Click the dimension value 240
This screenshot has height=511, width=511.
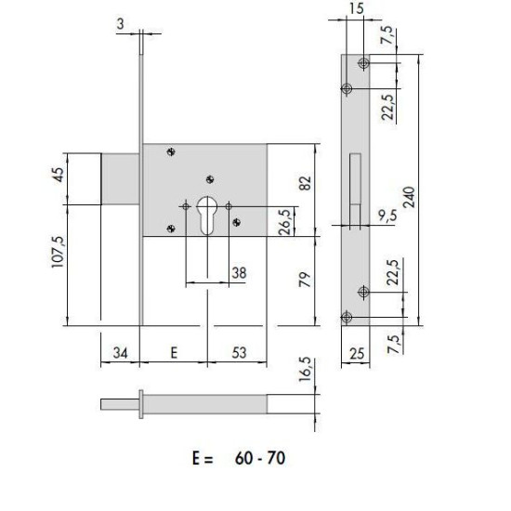pyautogui.click(x=410, y=197)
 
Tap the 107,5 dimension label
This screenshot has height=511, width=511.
pyautogui.click(x=59, y=252)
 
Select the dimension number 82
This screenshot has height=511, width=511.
pyautogui.click(x=305, y=183)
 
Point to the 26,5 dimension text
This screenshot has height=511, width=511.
pyautogui.click(x=285, y=222)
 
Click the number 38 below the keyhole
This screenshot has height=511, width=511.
pyautogui.click(x=239, y=273)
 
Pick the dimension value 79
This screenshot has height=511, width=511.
pyautogui.click(x=305, y=280)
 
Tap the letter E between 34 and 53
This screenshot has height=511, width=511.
pyautogui.click(x=174, y=353)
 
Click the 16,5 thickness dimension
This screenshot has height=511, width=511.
pyautogui.click(x=305, y=369)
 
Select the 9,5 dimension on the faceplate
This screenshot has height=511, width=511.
pyautogui.click(x=387, y=216)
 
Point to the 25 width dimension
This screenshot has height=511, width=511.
pyautogui.click(x=357, y=354)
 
